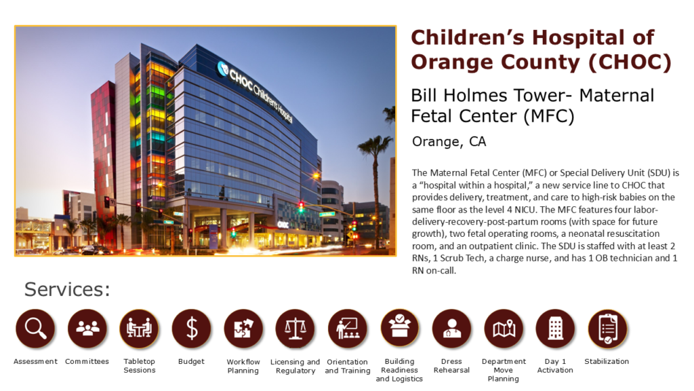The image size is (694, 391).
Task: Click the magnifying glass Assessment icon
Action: pyautogui.click(x=35, y=329)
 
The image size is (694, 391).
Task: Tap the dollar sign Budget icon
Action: pyautogui.click(x=192, y=329)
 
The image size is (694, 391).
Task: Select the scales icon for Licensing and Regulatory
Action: pyautogui.click(x=295, y=329)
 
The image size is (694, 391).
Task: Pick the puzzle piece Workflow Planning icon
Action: pyautogui.click(x=243, y=329)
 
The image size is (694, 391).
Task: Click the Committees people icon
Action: pyautogui.click(x=87, y=329)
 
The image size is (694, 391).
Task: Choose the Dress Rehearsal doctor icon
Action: pyautogui.click(x=451, y=329)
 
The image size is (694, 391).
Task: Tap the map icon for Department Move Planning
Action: pyautogui.click(x=504, y=329)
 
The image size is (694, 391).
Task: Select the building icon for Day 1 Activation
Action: pyautogui.click(x=556, y=329)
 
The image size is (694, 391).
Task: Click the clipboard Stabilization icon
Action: pyautogui.click(x=608, y=329)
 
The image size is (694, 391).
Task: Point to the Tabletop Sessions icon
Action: pyautogui.click(x=140, y=329)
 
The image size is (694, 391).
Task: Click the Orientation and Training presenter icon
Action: pyautogui.click(x=348, y=329)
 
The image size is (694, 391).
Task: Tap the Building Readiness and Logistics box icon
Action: pyautogui.click(x=400, y=329)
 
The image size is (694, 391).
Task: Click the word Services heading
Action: pyautogui.click(x=67, y=289)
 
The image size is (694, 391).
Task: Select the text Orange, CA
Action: pyautogui.click(x=449, y=142)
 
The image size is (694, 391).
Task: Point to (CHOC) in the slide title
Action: pyautogui.click(x=630, y=62)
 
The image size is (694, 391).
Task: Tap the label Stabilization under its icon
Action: pyautogui.click(x=607, y=362)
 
